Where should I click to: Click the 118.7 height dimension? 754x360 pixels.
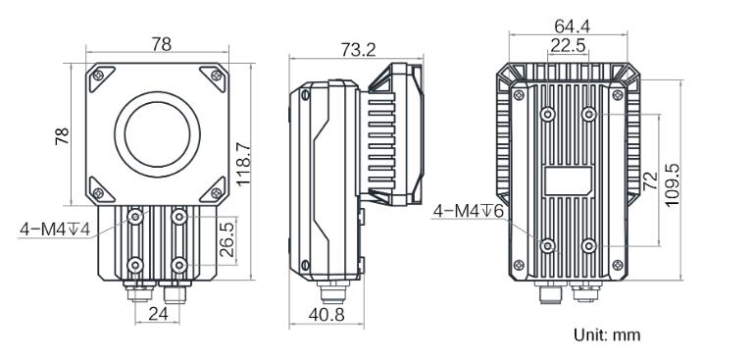(243, 164)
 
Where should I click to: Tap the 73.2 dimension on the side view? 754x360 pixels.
(358, 49)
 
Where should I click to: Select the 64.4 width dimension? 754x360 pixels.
(572, 26)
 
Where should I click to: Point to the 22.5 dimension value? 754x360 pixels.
(568, 45)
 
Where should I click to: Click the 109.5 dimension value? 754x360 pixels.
(673, 184)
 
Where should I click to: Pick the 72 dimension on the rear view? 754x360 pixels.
(651, 180)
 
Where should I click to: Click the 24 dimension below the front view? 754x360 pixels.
(158, 313)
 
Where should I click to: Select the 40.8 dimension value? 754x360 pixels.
(327, 315)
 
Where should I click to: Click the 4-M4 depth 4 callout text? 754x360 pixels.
(55, 230)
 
